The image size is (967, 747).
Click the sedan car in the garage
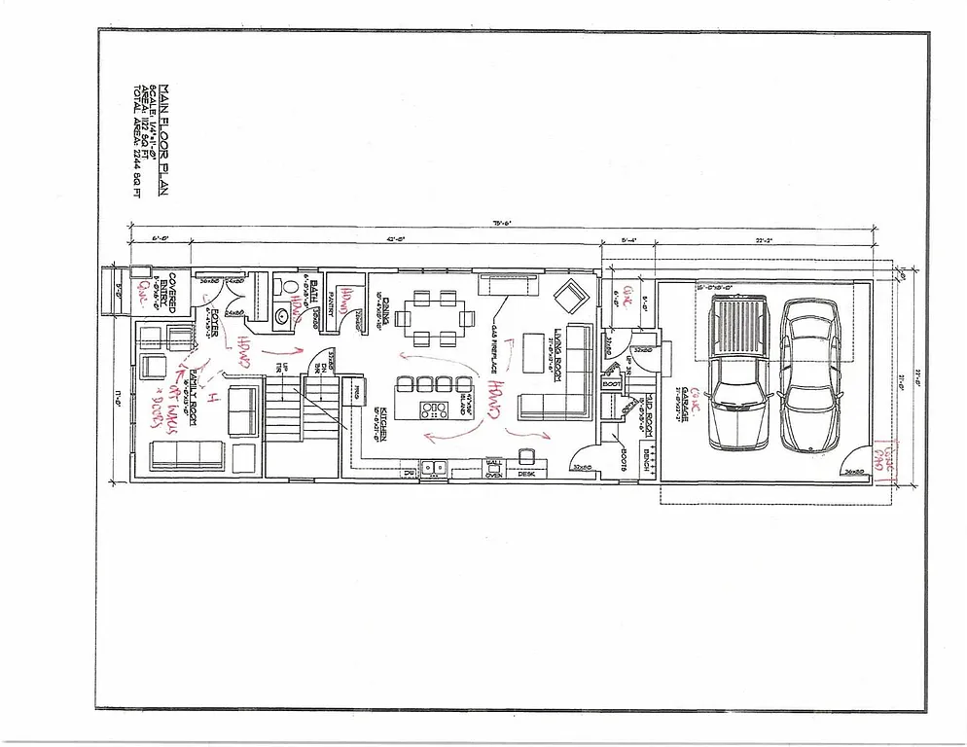809,374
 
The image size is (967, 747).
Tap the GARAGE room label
686,402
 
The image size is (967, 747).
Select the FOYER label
213,321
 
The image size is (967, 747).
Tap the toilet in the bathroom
277,288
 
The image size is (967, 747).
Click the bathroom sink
279,314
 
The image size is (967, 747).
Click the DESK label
526,474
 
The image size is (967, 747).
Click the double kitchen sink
435,469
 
